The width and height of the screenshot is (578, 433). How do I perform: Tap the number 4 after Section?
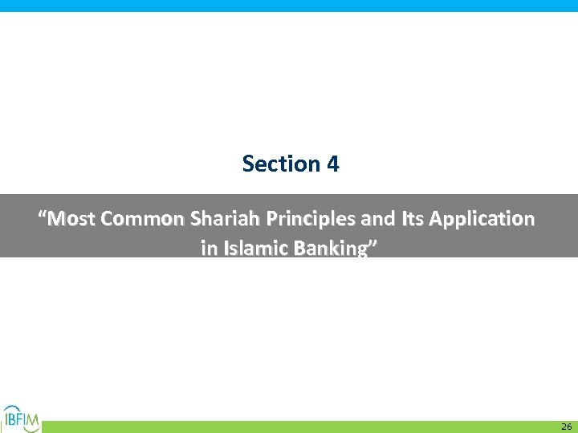point(332,164)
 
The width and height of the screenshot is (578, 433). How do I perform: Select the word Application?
point(477,218)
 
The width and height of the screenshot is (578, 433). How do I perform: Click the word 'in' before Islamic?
point(208,249)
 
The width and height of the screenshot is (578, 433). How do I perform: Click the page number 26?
point(566,427)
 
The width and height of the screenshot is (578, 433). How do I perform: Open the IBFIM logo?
point(21,419)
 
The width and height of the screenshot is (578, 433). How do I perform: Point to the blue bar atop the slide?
point(289,6)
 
